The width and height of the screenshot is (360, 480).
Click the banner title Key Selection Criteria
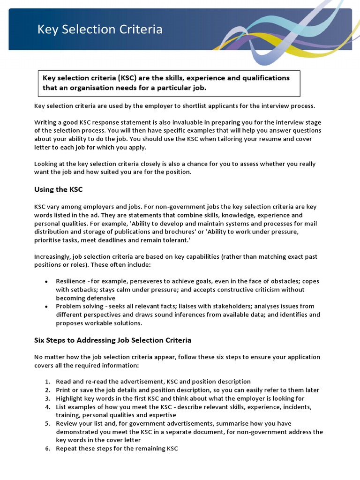point(100,30)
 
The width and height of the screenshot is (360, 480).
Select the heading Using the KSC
point(58,189)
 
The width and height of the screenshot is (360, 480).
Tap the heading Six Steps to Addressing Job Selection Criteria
point(112,340)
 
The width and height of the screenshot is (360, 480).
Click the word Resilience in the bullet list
point(70,281)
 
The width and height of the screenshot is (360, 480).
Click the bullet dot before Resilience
point(46,282)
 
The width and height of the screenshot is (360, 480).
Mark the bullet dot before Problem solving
point(46,307)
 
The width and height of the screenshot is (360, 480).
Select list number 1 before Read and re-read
point(47,382)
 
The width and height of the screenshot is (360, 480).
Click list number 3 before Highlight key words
point(47,398)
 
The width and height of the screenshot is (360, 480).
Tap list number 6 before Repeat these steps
point(47,449)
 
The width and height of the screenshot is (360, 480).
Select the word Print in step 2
point(63,390)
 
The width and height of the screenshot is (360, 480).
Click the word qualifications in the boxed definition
point(266,78)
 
